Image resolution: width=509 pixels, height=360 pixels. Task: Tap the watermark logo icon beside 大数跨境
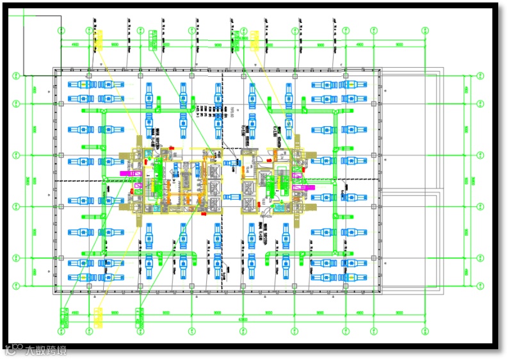coord(13,350)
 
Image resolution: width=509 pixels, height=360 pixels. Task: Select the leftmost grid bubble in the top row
coord(61,30)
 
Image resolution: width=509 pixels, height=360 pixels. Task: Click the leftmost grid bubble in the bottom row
coord(61,331)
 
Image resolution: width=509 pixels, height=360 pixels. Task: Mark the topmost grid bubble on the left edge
coord(16,76)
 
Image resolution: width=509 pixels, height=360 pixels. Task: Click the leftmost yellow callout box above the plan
coord(98,41)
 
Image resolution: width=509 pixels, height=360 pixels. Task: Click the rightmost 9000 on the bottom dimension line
coord(400,313)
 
